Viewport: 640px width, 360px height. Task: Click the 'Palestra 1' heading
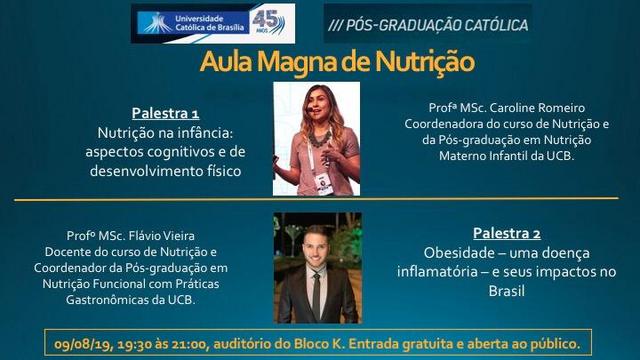pos(165,113)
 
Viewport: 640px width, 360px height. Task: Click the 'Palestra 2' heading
pos(507,233)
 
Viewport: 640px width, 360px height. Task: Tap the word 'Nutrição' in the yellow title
pos(425,62)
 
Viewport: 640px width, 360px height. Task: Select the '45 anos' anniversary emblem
pos(268,22)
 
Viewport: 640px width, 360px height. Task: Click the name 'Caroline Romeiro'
pos(537,108)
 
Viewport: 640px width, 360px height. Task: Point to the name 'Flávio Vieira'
pos(162,236)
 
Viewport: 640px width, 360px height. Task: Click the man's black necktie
pos(316,296)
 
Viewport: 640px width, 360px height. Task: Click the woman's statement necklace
pos(319,138)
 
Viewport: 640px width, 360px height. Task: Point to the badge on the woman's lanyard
pos(324,184)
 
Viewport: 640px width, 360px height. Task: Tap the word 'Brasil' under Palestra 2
pos(507,291)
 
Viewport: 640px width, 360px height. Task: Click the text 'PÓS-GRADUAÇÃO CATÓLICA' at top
pos(437,25)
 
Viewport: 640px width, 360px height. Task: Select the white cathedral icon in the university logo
pos(157,23)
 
